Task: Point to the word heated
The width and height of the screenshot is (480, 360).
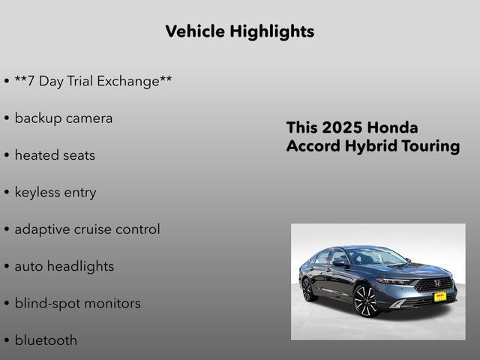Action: pyautogui.click(x=37, y=155)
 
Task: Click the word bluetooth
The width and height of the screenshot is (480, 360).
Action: pyautogui.click(x=46, y=340)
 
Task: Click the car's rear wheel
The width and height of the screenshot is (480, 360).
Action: pyautogui.click(x=309, y=288)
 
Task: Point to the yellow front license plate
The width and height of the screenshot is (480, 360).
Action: pyautogui.click(x=440, y=296)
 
